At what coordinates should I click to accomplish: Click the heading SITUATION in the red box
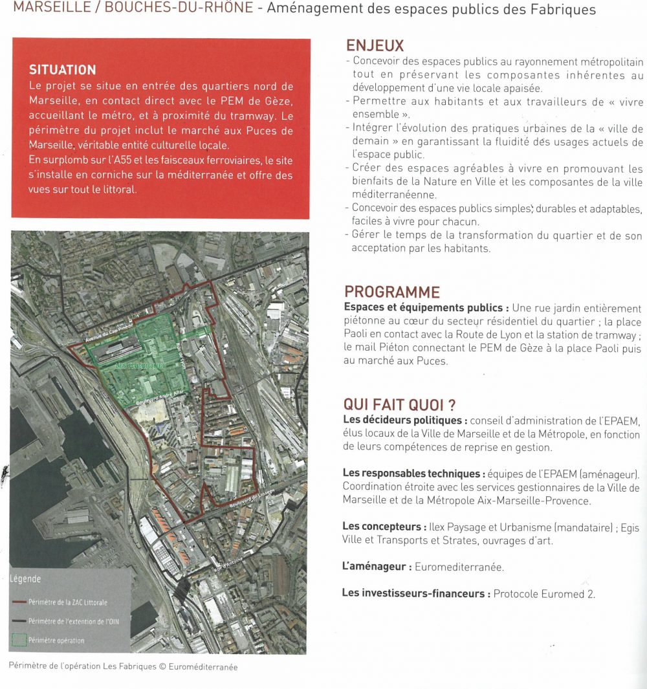tap(63, 70)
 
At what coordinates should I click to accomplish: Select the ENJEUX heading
tap(375, 46)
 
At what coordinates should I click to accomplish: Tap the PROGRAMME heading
tap(391, 292)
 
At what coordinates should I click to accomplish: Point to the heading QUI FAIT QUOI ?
tap(399, 405)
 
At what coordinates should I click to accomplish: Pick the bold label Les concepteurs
tap(384, 527)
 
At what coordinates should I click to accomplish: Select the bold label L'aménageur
tap(377, 567)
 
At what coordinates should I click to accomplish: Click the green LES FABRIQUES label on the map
tap(139, 366)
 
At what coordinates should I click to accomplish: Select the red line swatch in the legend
tap(19, 602)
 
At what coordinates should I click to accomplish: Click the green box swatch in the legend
tap(19, 640)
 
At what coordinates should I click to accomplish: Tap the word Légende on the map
tap(25, 579)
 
